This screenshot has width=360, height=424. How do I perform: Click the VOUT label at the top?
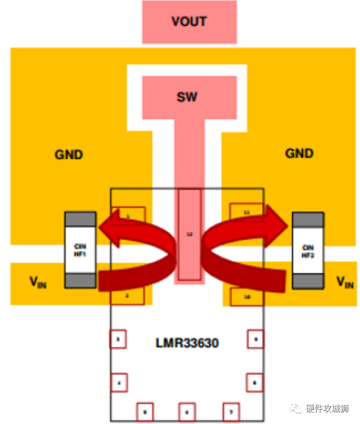pyautogui.click(x=189, y=22)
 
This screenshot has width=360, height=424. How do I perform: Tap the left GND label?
pyautogui.click(x=69, y=154)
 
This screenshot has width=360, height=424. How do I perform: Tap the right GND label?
pyautogui.click(x=299, y=153)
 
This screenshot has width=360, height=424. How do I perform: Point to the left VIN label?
pyautogui.click(x=37, y=282)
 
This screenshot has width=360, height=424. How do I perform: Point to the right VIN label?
pyautogui.click(x=345, y=282)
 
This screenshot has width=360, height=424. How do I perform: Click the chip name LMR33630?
pyautogui.click(x=187, y=343)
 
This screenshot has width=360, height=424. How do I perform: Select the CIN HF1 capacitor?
pyautogui.click(x=80, y=250)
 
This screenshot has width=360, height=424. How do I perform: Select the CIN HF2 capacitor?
pyautogui.click(x=307, y=250)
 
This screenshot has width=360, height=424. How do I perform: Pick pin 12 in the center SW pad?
pyautogui.click(x=190, y=235)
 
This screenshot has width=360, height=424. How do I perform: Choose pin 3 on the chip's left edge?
pyautogui.click(x=118, y=340)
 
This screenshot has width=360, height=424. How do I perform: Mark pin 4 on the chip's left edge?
pyautogui.click(x=118, y=383)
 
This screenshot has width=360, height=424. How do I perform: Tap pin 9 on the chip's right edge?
pyautogui.click(x=255, y=340)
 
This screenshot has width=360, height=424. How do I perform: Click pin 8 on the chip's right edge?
pyautogui.click(x=255, y=383)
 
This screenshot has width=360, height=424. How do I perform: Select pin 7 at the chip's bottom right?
pyautogui.click(x=231, y=412)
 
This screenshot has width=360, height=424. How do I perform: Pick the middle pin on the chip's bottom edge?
pyautogui.click(x=187, y=412)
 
